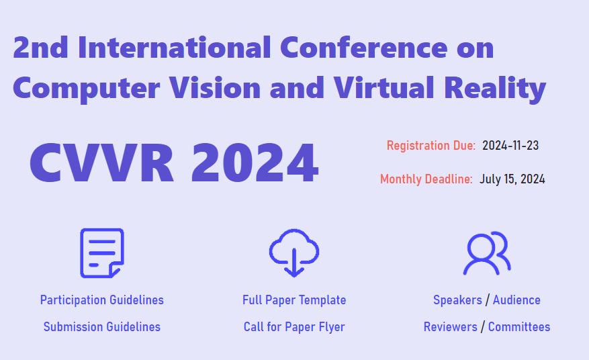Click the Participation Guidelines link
(x=101, y=300)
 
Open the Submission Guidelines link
(x=101, y=327)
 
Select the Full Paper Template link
(x=294, y=300)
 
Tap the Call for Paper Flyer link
(x=294, y=327)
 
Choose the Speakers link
(x=457, y=300)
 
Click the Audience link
(x=516, y=300)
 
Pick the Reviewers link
(x=451, y=327)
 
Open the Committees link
(x=519, y=327)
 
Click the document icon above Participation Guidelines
(x=101, y=253)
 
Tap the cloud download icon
(x=293, y=253)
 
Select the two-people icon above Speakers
(x=487, y=253)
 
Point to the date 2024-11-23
(x=510, y=145)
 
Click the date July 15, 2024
(x=512, y=179)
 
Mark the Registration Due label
(x=431, y=145)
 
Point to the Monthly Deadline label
(x=426, y=179)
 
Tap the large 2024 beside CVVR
(x=255, y=163)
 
